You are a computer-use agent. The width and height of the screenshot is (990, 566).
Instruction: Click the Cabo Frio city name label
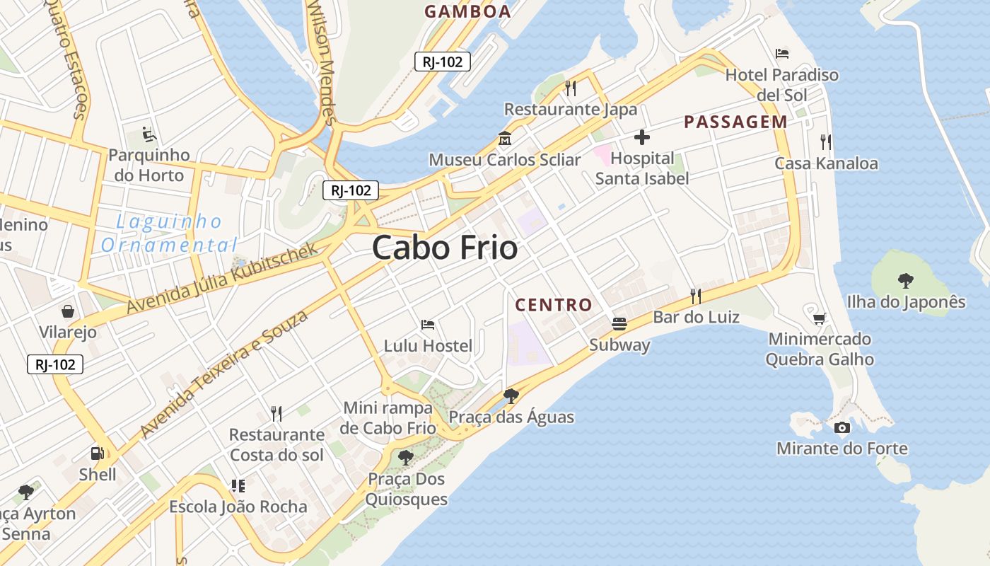445,248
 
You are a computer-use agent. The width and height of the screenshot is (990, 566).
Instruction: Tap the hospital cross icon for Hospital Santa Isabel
642,137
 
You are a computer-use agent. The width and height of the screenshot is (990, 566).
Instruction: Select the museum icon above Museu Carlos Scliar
505,138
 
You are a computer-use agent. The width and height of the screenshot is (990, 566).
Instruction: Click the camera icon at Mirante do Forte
841,427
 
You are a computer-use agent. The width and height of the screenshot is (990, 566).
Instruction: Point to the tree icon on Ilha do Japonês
905,281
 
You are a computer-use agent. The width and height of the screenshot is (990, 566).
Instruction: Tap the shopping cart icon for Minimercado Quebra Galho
819,318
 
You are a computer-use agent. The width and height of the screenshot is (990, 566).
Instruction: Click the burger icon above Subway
619,324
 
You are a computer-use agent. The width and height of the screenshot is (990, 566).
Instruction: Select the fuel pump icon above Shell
97,454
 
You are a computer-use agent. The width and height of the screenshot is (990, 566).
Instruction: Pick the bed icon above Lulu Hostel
428,325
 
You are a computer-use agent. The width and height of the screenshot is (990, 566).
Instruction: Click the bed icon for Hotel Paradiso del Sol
782,53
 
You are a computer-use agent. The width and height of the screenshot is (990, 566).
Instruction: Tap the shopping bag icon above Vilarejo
68,311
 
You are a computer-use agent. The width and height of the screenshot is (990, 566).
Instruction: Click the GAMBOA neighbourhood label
467,11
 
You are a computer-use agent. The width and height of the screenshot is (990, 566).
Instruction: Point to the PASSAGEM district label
735,122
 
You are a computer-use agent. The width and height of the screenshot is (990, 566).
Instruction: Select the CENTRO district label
554,305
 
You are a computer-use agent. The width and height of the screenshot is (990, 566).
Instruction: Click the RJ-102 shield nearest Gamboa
443,62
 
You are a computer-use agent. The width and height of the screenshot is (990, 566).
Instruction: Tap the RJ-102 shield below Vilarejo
55,364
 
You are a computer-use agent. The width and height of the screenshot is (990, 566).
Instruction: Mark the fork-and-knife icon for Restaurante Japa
571,88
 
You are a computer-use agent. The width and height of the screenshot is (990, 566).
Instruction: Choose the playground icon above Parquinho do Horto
148,134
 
